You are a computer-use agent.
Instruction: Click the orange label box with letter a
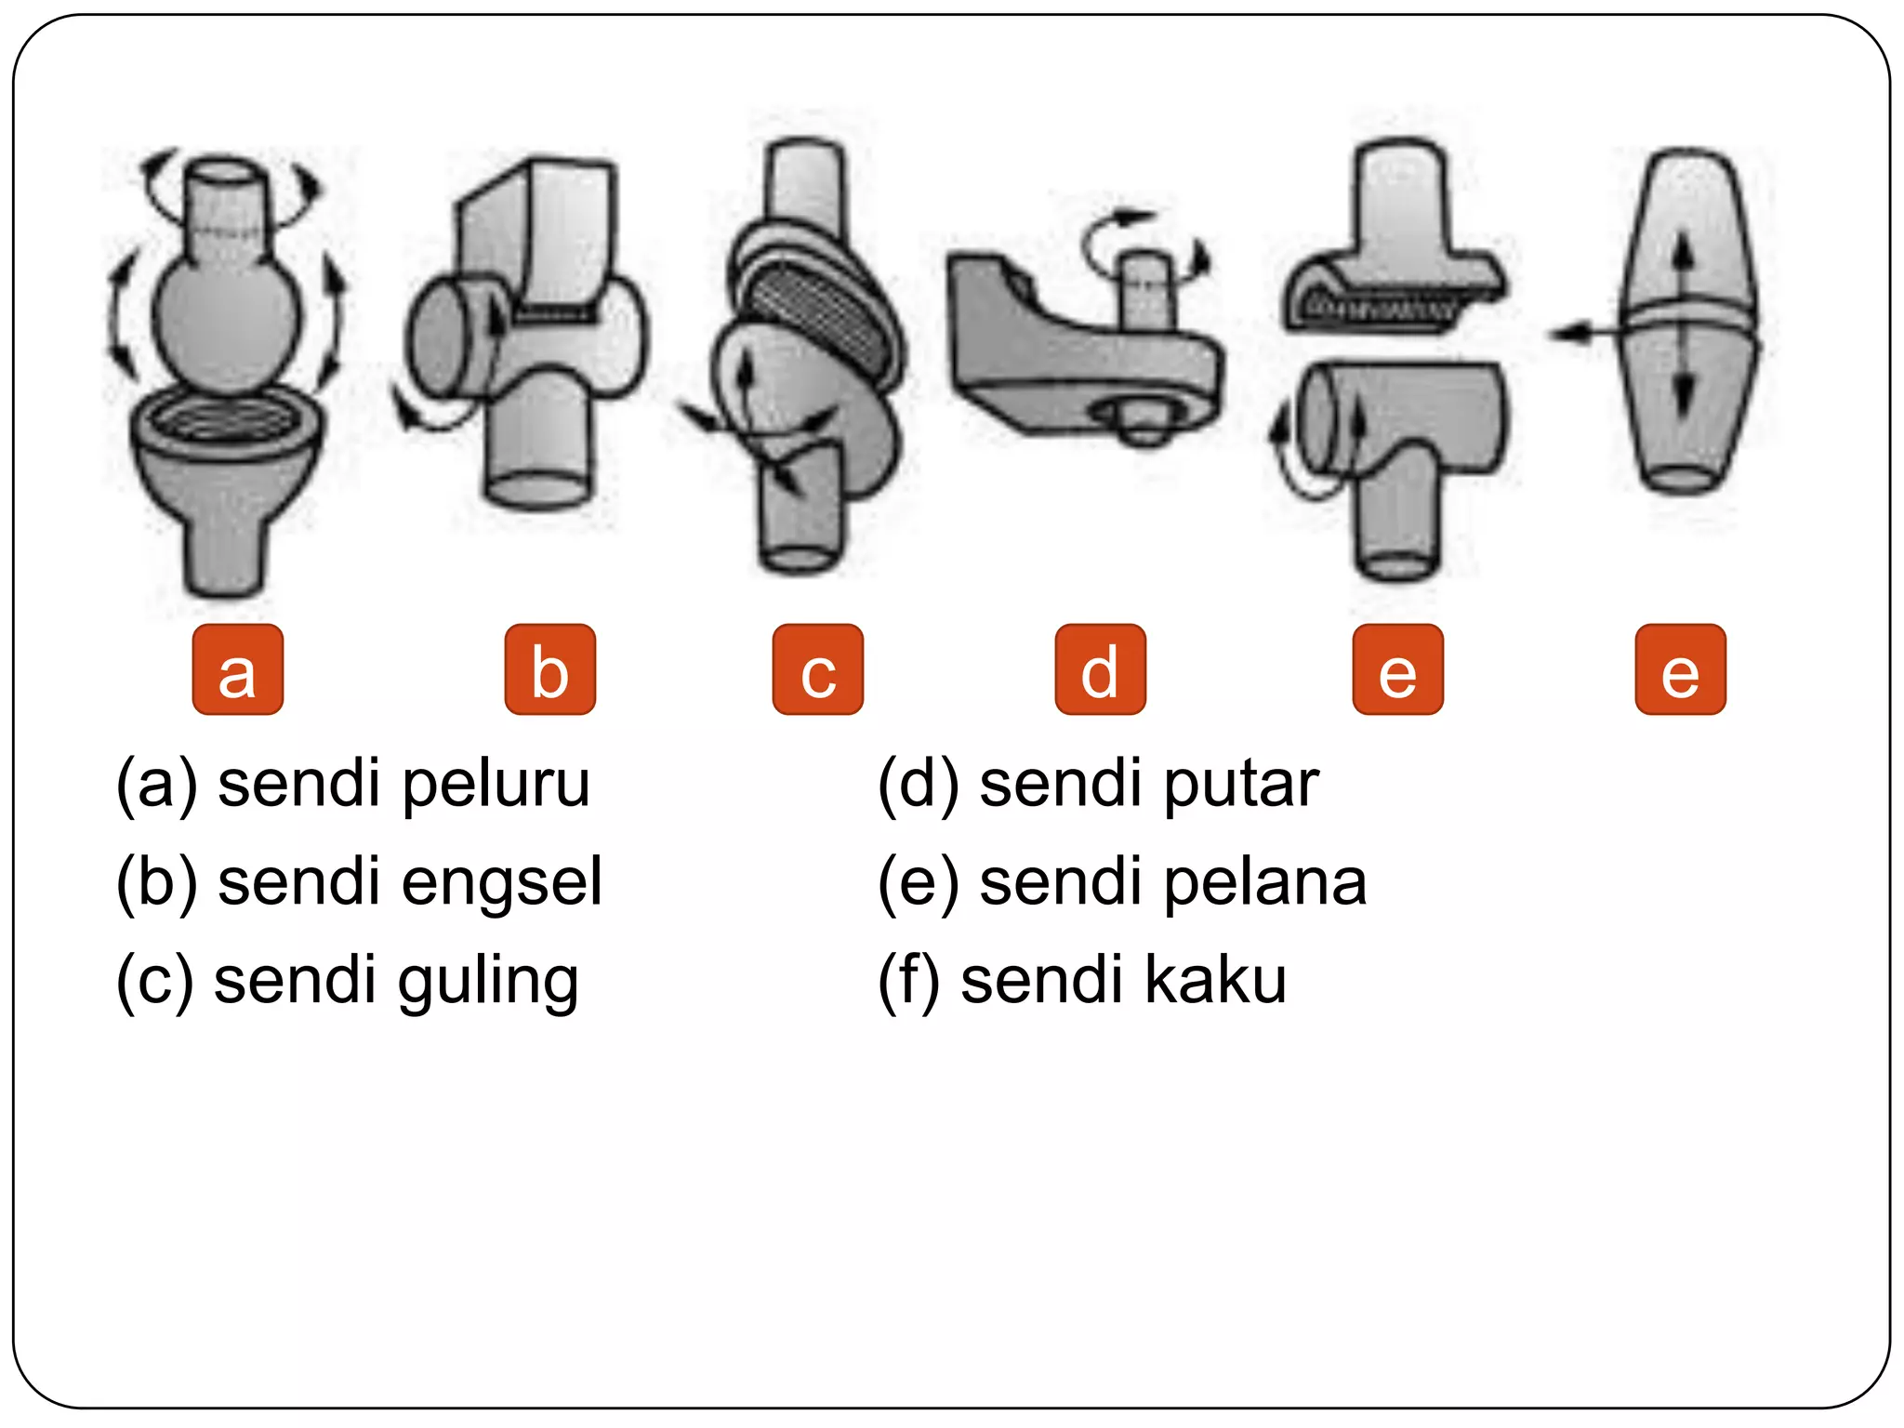pyautogui.click(x=237, y=669)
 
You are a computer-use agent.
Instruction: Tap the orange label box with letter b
pyautogui.click(x=549, y=669)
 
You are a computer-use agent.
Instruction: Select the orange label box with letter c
pyautogui.click(x=817, y=669)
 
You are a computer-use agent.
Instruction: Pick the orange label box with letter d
pyautogui.click(x=1100, y=669)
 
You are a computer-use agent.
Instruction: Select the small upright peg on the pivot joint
pyautogui.click(x=1145, y=288)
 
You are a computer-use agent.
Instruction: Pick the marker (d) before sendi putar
pyautogui.click(x=918, y=785)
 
